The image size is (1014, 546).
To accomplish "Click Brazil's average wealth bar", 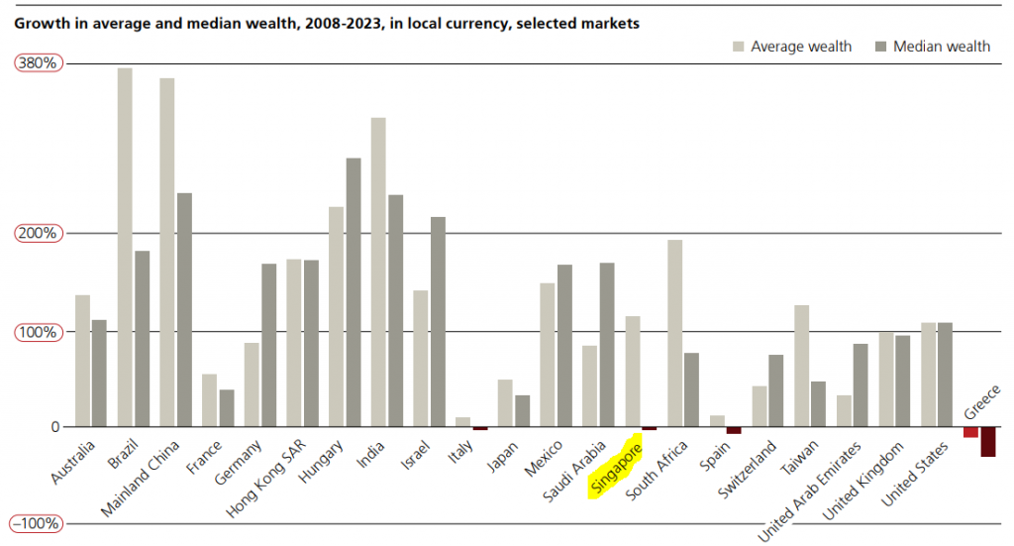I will click(x=125, y=248).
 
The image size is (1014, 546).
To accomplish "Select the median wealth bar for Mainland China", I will click(x=184, y=309).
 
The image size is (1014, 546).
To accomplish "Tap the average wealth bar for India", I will click(x=377, y=273).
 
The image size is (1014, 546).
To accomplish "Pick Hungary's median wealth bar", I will click(x=354, y=292).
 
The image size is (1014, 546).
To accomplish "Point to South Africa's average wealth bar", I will click(x=674, y=333).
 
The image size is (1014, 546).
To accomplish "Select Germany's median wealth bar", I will click(x=268, y=345).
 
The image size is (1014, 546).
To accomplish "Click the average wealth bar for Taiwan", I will click(x=801, y=366).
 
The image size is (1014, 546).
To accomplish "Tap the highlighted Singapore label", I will click(x=615, y=468).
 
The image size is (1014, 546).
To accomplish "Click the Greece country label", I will click(x=982, y=400).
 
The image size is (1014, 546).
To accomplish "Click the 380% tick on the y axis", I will click(x=39, y=62).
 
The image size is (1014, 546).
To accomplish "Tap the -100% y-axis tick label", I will click(x=39, y=523).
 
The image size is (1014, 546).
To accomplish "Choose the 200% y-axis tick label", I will click(x=39, y=233).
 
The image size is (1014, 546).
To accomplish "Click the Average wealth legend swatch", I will click(x=738, y=47).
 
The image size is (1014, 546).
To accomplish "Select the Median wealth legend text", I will click(x=941, y=47).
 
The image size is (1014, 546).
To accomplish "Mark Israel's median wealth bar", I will click(x=438, y=322).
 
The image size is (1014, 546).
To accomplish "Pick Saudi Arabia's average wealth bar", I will click(x=589, y=385).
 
